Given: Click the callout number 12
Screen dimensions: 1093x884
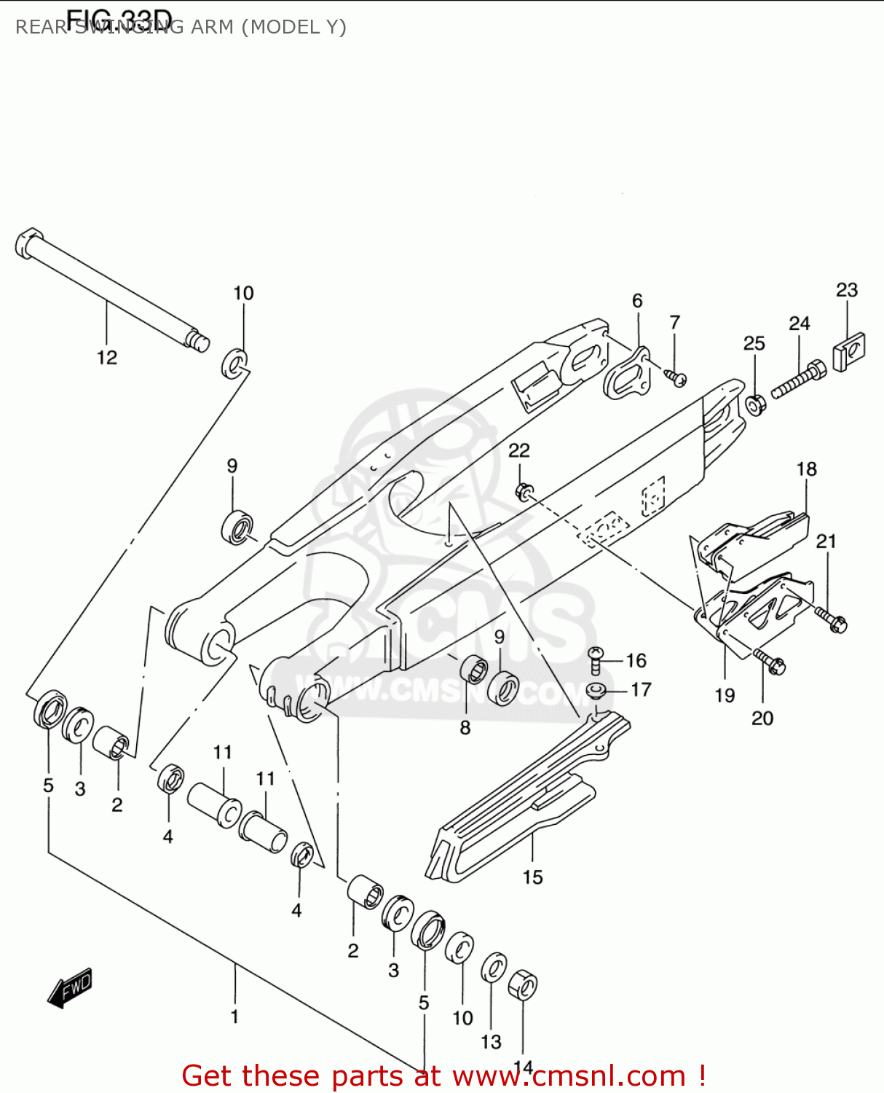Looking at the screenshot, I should coord(106,357).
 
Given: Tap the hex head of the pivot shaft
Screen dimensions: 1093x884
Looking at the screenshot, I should coord(28,243).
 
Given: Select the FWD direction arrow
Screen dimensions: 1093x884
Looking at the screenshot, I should coord(70,988).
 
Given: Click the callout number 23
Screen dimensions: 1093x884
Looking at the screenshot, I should coord(846,290).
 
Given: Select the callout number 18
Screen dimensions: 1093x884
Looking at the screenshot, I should coord(806,469).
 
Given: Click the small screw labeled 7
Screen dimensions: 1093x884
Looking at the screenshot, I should coord(676,377).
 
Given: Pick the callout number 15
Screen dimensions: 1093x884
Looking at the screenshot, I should coord(532,877).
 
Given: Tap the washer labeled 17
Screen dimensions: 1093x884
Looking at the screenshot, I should coord(596,689).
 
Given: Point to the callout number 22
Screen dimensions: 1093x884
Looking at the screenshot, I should coord(518,450).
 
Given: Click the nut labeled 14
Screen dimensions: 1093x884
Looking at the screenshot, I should coord(523,987).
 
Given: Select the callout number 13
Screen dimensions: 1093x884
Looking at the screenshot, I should coord(491,1042).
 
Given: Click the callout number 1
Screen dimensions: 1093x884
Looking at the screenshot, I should coord(234,1016).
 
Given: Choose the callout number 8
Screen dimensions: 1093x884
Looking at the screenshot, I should coord(465,727).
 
